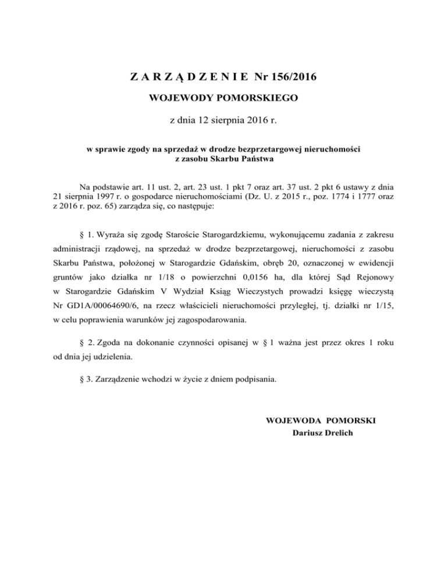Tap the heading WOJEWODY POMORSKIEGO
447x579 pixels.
tap(223, 98)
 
